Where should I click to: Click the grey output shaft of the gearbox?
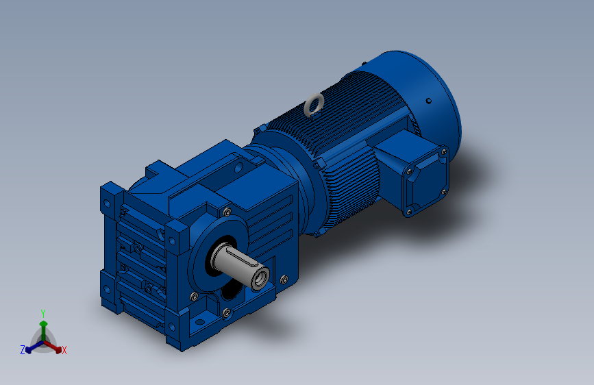click(238, 265)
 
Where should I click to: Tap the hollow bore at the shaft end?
click(260, 280)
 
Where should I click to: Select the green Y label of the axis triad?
click(42, 314)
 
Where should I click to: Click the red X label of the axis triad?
click(64, 351)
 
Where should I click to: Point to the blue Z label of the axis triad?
click(23, 350)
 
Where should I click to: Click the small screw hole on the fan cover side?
click(428, 101)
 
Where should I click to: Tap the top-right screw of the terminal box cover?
click(443, 152)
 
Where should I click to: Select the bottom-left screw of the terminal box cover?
click(408, 212)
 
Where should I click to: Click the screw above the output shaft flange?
click(227, 212)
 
